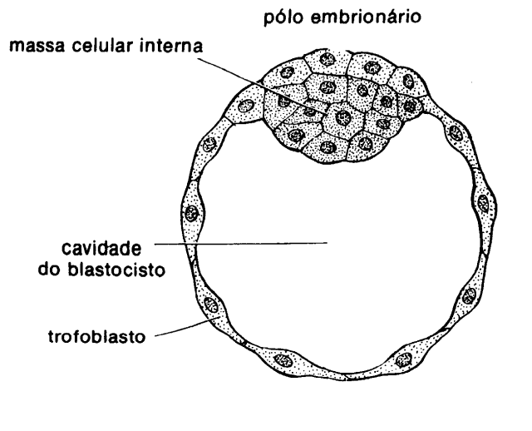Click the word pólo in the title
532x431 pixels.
[283, 17]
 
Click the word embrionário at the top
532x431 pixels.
[366, 17]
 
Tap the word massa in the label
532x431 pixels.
[37, 46]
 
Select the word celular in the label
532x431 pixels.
[103, 45]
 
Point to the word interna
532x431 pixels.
[172, 45]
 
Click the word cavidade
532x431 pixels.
[101, 249]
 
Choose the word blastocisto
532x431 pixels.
[116, 270]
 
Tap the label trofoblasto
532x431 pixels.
[96, 337]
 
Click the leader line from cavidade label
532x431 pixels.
[241, 243]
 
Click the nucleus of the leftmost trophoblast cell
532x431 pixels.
[192, 214]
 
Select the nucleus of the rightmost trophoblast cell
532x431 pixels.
[484, 203]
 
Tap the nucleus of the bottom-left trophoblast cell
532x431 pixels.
[283, 360]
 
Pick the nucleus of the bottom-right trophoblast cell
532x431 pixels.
[405, 359]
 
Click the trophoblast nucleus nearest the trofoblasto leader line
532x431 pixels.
[210, 304]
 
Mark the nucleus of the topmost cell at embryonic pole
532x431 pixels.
[328, 60]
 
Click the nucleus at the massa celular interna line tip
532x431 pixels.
[343, 117]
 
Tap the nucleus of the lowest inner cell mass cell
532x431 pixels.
[328, 147]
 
